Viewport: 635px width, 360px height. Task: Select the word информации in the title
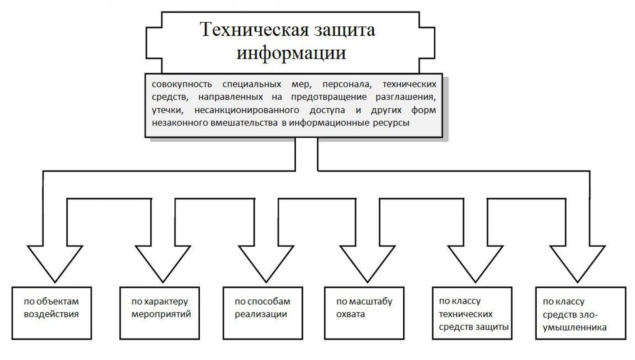[291, 53]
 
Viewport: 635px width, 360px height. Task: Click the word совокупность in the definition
[182, 85]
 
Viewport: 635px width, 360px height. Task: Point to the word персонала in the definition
[346, 85]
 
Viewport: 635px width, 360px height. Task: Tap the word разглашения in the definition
[406, 98]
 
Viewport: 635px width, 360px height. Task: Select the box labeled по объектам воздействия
[52, 313]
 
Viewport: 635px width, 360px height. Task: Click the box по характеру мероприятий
[160, 313]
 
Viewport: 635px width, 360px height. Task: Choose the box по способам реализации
[263, 313]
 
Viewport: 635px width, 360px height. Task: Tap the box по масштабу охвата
[364, 313]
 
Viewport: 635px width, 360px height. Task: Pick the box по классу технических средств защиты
[472, 313]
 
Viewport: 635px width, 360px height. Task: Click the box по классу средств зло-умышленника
[581, 313]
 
